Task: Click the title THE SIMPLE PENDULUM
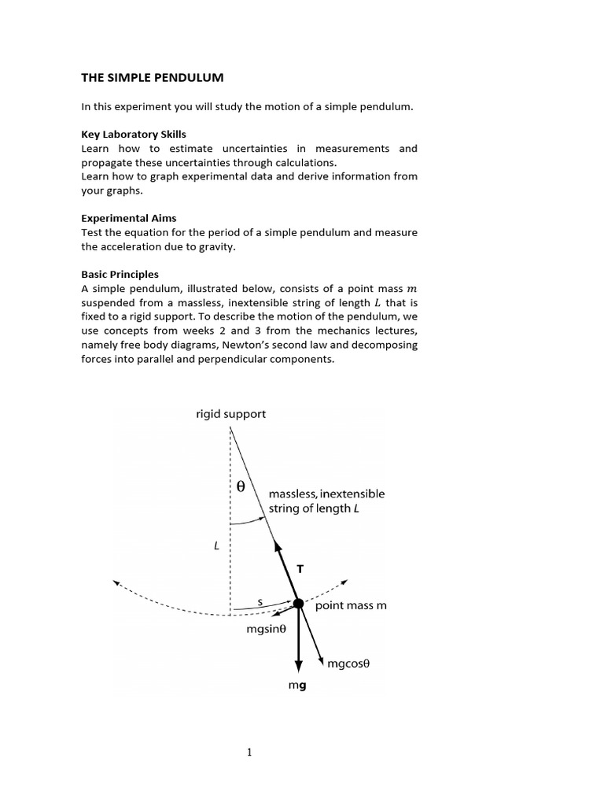click(x=153, y=77)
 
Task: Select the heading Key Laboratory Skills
click(x=134, y=134)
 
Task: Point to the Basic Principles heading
click(x=120, y=274)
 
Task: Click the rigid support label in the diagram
click(x=230, y=414)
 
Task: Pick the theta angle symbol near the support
click(x=241, y=487)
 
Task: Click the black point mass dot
click(x=299, y=604)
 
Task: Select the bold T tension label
click(x=300, y=568)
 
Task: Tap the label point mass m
click(x=351, y=606)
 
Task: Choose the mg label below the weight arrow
click(x=297, y=686)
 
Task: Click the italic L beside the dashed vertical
click(x=215, y=544)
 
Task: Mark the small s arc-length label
click(x=260, y=601)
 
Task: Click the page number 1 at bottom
click(x=250, y=752)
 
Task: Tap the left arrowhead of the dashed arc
click(x=116, y=583)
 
